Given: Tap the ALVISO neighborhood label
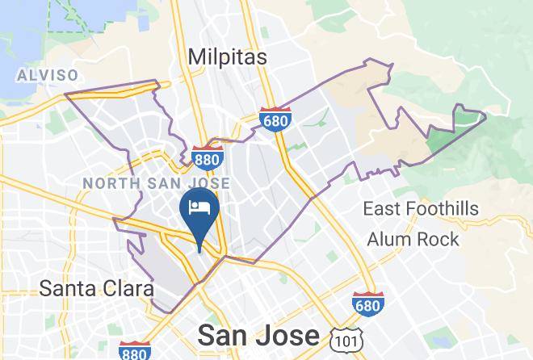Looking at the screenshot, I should (48, 76).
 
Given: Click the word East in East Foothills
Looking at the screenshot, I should (379, 210).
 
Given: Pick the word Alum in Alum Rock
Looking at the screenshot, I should (388, 239).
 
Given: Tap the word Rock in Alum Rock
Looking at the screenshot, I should (437, 239).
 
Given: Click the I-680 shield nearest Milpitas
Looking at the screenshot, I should (275, 119).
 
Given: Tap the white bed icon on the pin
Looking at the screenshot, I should (199, 207).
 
